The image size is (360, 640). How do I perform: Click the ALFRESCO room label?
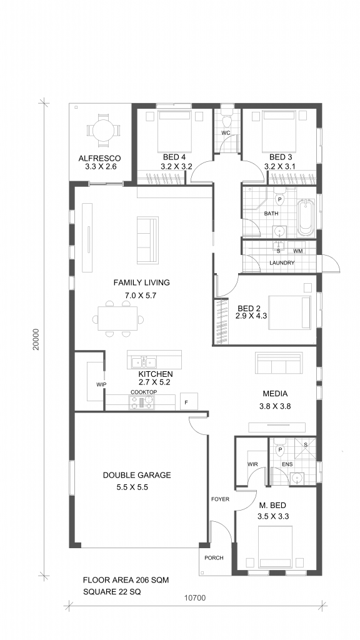coord(99,158)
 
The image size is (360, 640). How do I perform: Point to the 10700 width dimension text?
coord(195,598)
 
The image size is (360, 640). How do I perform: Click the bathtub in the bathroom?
coord(305,217)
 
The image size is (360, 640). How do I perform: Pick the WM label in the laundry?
coord(298,251)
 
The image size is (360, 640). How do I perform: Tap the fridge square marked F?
coord(189,401)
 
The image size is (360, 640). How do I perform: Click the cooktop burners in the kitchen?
coord(141,402)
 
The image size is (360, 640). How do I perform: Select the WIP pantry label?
coord(101,384)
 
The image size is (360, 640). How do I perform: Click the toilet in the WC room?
coord(226,120)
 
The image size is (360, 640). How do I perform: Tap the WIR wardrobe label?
coord(252,464)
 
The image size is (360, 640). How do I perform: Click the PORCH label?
coord(214,558)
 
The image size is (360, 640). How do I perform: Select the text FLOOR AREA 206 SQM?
coord(126,579)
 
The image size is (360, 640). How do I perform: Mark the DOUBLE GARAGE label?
coord(137,475)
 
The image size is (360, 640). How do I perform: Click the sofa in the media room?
coord(280,362)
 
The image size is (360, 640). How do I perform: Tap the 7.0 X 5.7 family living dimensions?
coord(141,296)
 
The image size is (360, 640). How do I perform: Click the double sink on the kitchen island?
coord(144,362)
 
